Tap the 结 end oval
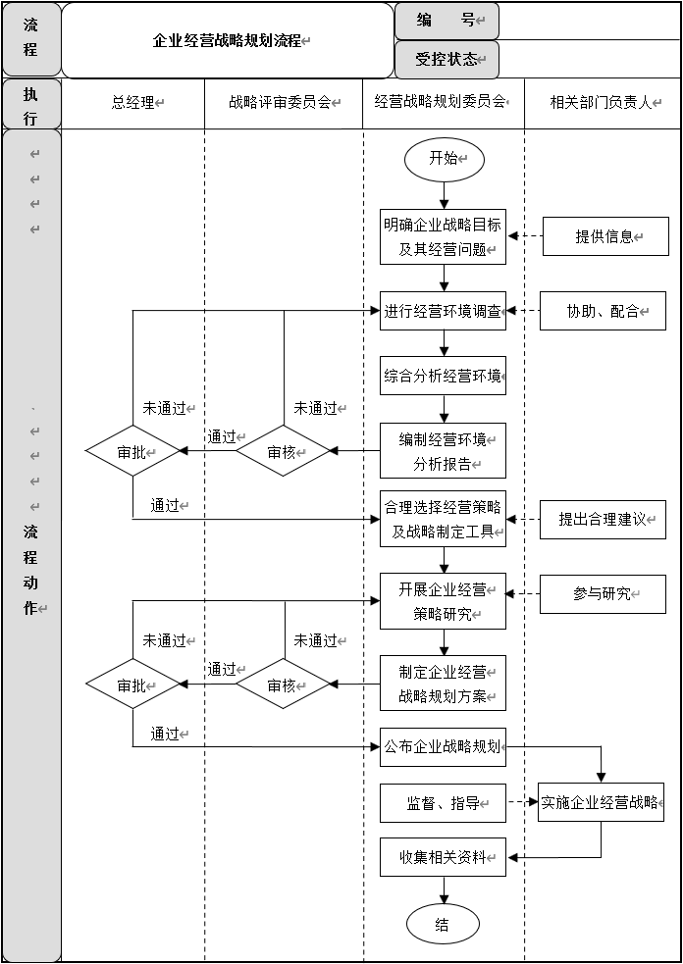click(x=444, y=924)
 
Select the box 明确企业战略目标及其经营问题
click(x=444, y=236)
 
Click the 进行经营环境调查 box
click(x=444, y=311)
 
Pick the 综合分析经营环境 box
click(x=444, y=375)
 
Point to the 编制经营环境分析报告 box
click(x=444, y=450)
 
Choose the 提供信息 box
click(x=605, y=236)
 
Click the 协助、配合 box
click(x=603, y=311)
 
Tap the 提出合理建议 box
click(x=603, y=519)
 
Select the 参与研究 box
click(x=603, y=594)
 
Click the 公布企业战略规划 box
click(x=444, y=746)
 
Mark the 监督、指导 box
click(x=444, y=803)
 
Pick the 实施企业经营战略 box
click(x=601, y=802)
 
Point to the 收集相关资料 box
click(x=444, y=857)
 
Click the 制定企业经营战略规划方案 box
click(x=444, y=683)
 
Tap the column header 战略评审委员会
click(x=283, y=101)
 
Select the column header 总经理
click(x=134, y=102)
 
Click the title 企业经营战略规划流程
click(x=229, y=41)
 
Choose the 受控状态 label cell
click(x=447, y=60)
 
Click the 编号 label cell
click(x=447, y=21)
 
